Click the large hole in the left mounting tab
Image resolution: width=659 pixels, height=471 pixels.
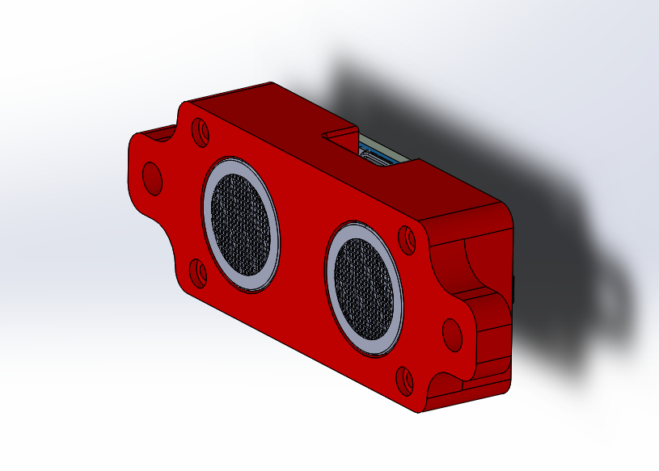pos(152,177)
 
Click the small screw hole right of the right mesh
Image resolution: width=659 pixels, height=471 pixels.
pos(408,238)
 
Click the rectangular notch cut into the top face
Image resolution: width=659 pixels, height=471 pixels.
pos(340,134)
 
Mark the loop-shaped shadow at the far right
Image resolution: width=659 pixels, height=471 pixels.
pos(610,299)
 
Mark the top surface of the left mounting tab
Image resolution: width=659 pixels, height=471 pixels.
pos(154,132)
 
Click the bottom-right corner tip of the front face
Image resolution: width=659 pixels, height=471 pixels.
pos(421,411)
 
